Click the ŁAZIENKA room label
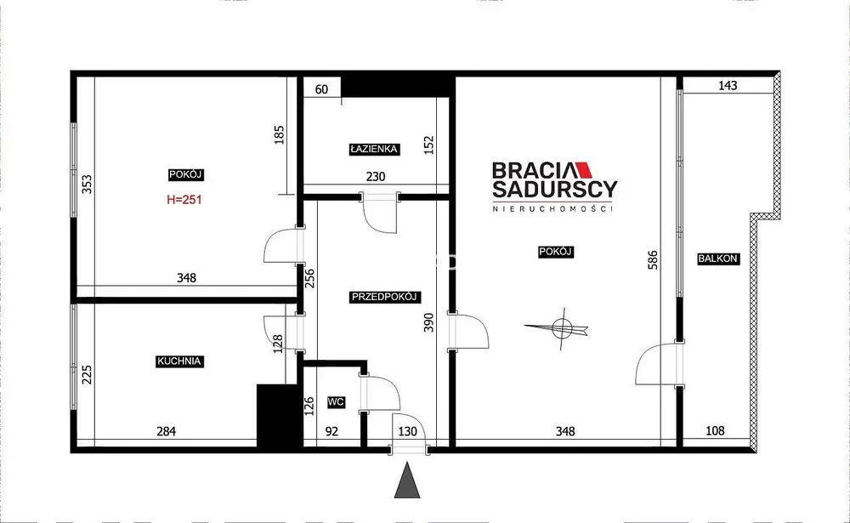[375, 149]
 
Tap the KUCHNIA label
[178, 361]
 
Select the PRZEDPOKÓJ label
[384, 297]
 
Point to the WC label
[336, 402]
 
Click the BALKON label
[717, 259]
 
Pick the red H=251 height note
[184, 200]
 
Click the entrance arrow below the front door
[407, 480]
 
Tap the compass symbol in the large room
[558, 327]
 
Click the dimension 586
[653, 260]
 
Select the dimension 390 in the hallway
[428, 322]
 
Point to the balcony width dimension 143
[728, 86]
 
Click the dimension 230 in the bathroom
[376, 176]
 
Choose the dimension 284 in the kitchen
[166, 431]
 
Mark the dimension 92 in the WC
[331, 431]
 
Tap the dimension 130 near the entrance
[408, 431]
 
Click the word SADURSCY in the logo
[554, 189]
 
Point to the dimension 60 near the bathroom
[321, 89]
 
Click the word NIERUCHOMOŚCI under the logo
[552, 208]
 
